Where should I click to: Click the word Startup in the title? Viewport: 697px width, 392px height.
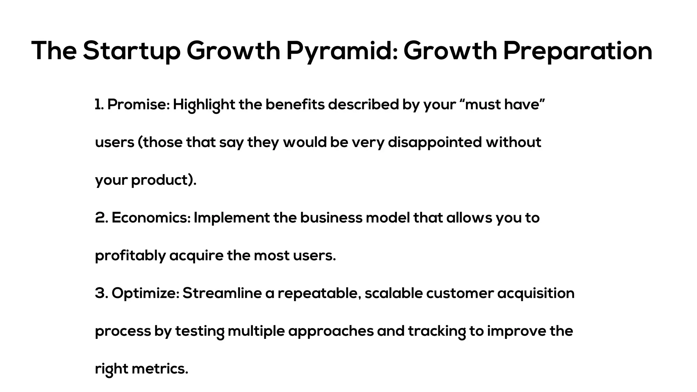(x=131, y=51)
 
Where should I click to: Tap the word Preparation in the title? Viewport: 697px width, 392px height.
(x=578, y=51)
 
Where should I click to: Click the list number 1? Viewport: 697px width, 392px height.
(x=99, y=104)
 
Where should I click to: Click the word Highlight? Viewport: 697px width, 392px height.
(x=204, y=104)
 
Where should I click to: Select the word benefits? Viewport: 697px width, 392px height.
(x=295, y=104)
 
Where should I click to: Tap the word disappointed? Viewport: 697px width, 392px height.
(x=435, y=142)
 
